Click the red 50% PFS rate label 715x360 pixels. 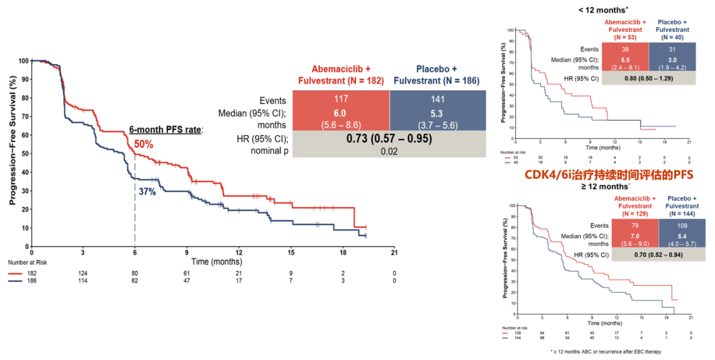coord(144,144)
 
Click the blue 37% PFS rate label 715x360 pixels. coord(147,192)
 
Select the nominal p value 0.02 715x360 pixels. coord(389,151)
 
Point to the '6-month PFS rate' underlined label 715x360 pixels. coord(166,129)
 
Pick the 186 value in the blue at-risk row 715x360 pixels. coord(32,280)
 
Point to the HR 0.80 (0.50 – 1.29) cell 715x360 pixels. coord(648,78)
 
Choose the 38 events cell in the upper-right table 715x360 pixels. coord(626,50)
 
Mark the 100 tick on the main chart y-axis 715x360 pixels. coord(24,61)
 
